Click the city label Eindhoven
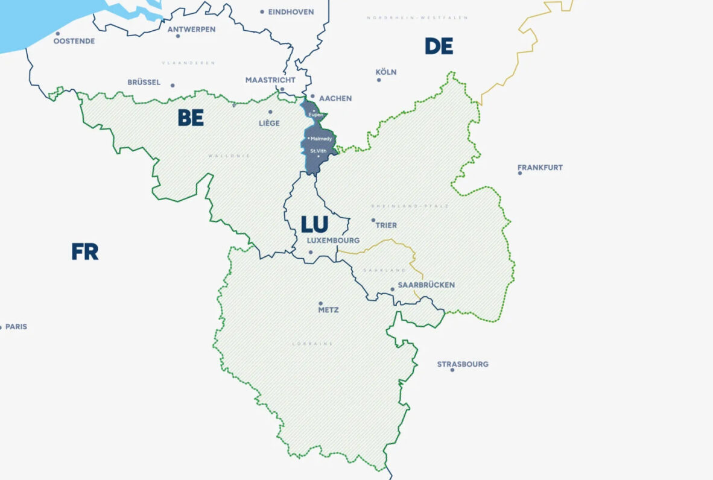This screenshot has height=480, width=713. point(291,11)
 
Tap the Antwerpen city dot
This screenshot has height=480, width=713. point(178,36)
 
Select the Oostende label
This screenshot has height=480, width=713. point(74,41)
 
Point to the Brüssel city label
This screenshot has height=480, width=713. point(144,82)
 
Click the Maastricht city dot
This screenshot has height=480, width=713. point(282,89)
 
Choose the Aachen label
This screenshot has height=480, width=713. point(335,98)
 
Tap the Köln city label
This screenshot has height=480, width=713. point(386,72)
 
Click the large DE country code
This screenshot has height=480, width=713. point(439,46)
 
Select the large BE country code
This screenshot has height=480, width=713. point(191,118)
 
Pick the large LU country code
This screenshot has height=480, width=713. point(314,225)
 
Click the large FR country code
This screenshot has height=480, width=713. point(84,251)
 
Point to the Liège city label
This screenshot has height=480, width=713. point(269,123)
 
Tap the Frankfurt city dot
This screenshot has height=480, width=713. point(520,173)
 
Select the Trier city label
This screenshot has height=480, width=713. point(386,225)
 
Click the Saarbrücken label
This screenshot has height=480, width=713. point(426,285)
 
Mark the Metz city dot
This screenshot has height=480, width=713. point(321,303)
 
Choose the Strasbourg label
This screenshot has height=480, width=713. point(463,364)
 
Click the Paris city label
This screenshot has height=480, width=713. point(16,327)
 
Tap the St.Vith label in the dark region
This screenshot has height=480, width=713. point(318,150)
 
